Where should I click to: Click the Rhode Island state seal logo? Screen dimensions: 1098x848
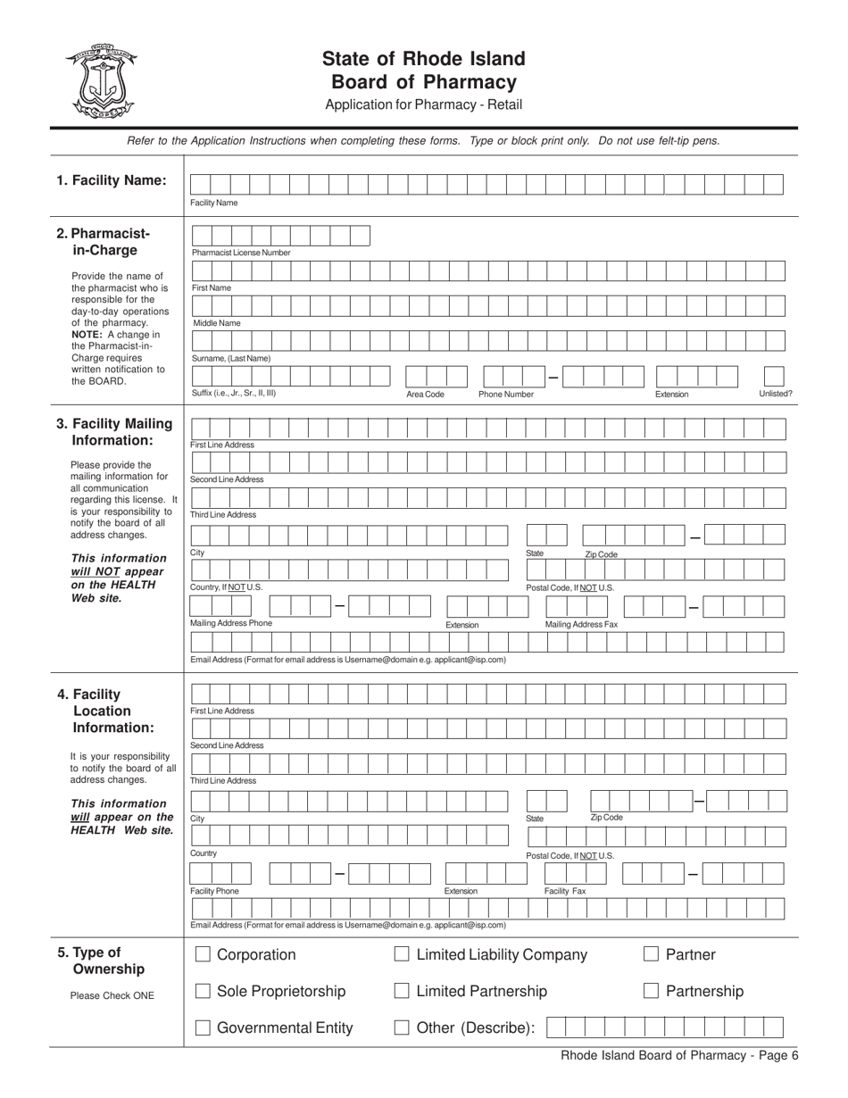[x=100, y=82]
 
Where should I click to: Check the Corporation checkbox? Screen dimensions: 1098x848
[x=203, y=955]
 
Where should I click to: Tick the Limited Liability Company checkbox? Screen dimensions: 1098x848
[x=402, y=955]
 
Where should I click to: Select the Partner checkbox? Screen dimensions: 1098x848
[x=651, y=955]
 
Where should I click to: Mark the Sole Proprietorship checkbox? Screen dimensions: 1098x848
[x=203, y=991]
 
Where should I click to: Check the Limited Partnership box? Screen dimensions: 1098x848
[x=402, y=991]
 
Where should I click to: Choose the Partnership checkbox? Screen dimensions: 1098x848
[x=651, y=991]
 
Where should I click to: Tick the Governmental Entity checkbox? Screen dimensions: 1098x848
[x=203, y=1027]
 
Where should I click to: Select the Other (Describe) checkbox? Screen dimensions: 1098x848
[x=402, y=1027]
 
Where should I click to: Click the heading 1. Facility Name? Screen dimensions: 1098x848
[x=112, y=180]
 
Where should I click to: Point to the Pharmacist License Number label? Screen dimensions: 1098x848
[x=241, y=253]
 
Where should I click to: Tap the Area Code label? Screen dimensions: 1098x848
[x=425, y=394]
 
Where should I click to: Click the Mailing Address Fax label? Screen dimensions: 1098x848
[x=581, y=624]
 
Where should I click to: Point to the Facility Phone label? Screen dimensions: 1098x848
[x=214, y=891]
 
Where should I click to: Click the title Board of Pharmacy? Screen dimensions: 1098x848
[x=423, y=82]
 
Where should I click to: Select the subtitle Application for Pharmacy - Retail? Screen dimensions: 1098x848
[x=423, y=104]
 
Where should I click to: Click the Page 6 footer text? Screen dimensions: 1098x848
[x=679, y=1055]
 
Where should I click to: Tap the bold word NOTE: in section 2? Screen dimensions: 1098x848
[x=87, y=334]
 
